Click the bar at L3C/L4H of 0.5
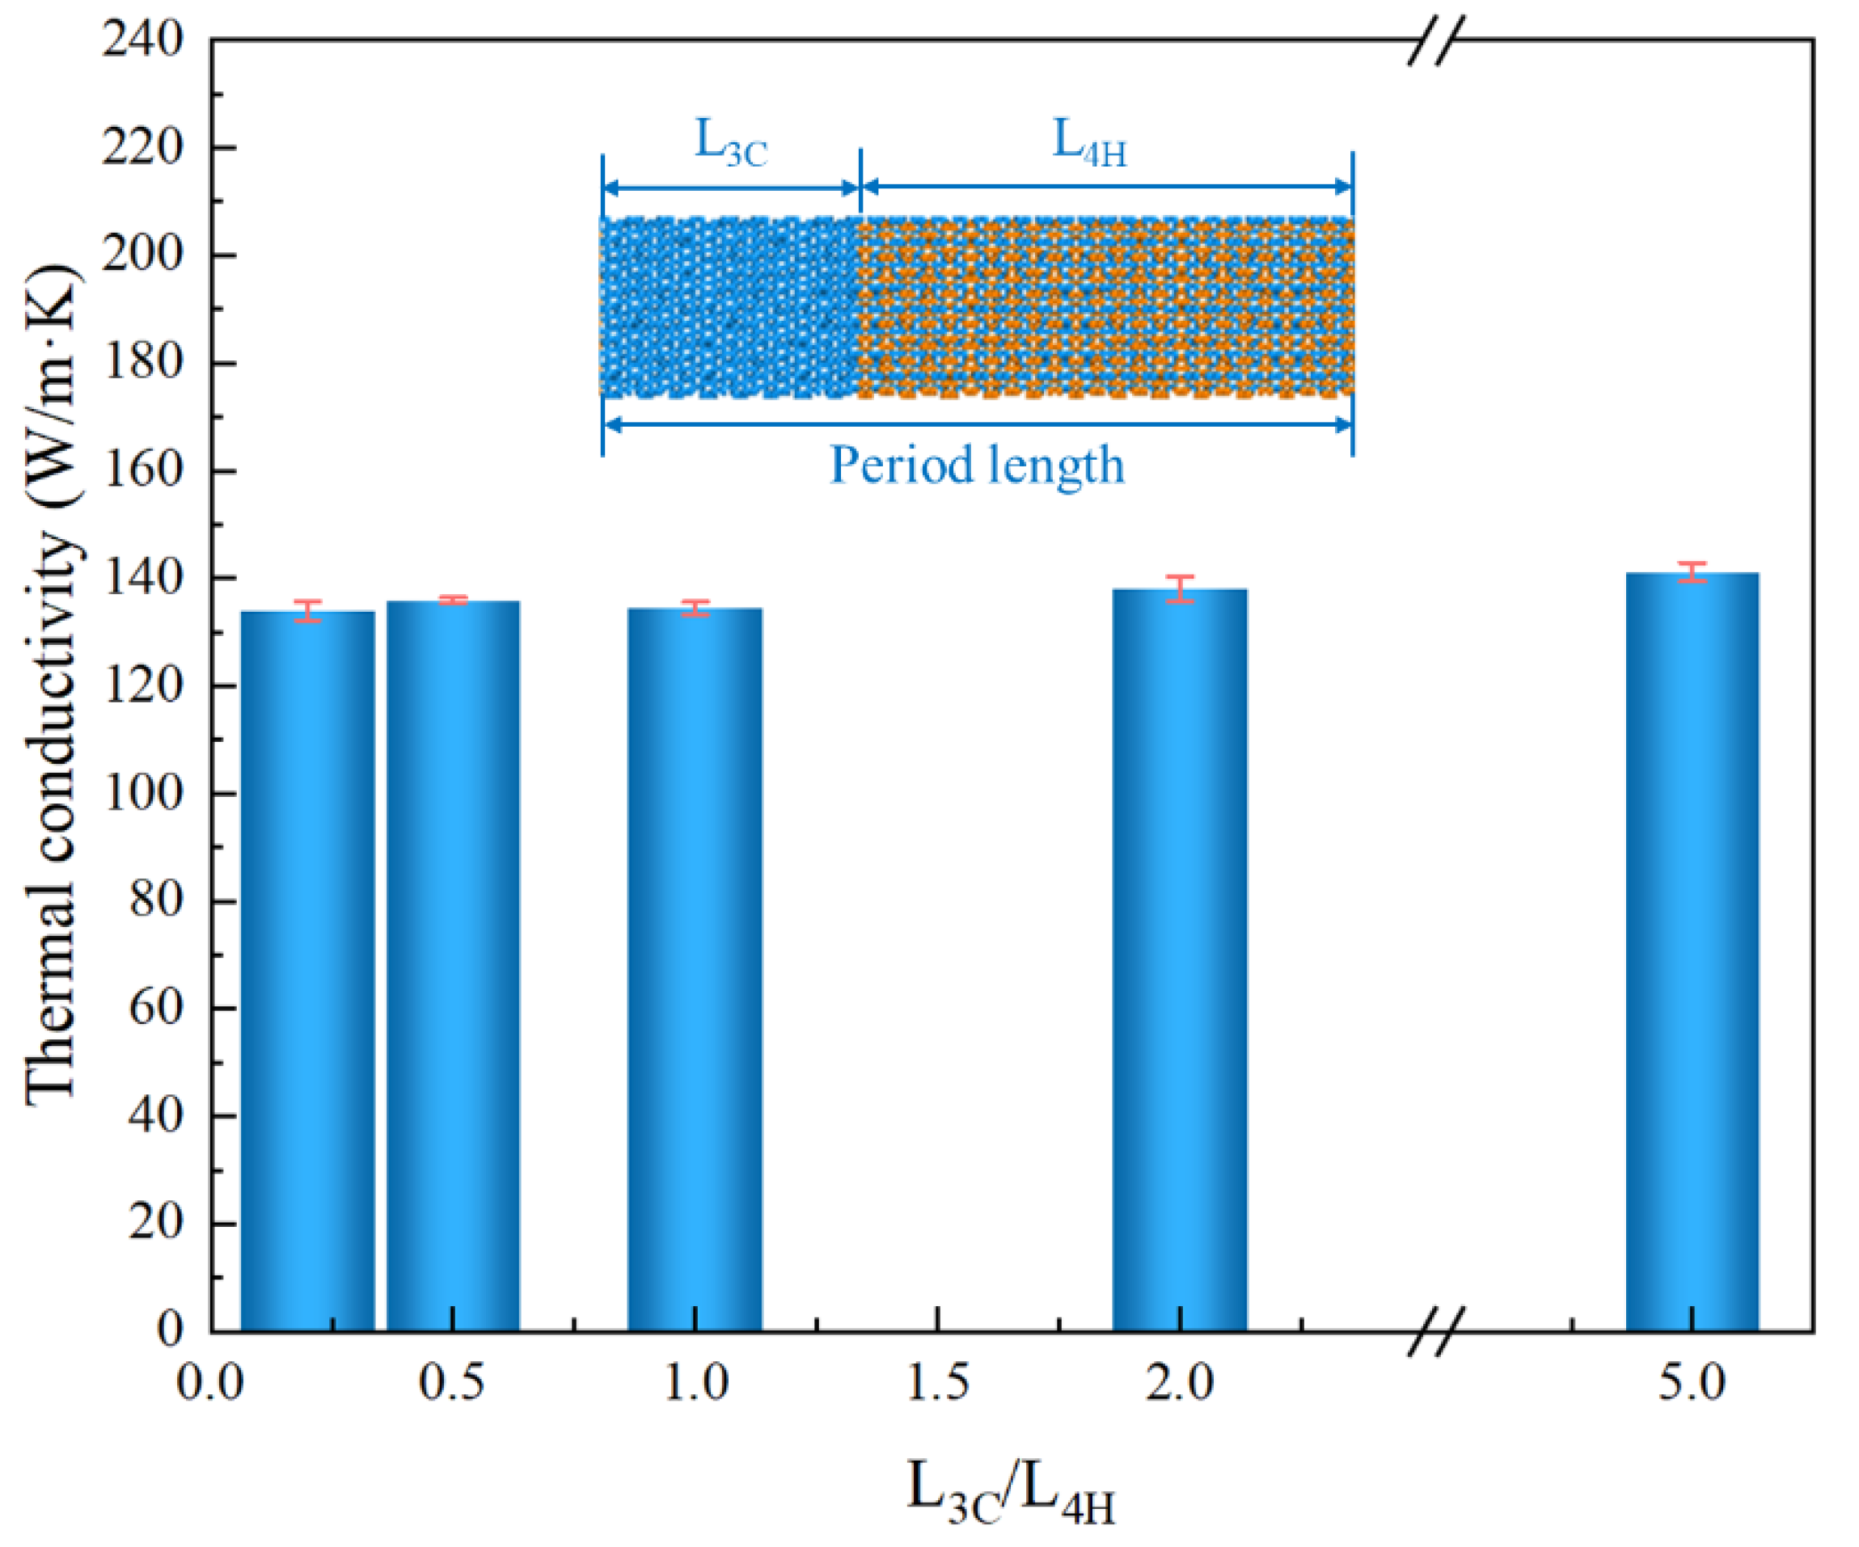coord(454,965)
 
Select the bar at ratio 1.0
coord(695,969)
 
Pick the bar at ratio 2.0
coord(1180,960)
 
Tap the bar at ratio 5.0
coord(1692,951)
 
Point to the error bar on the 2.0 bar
coord(1180,588)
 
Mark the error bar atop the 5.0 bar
coord(1692,572)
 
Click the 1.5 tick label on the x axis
coord(937,1383)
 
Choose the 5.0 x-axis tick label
coord(1692,1383)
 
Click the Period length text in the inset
coord(978,466)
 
